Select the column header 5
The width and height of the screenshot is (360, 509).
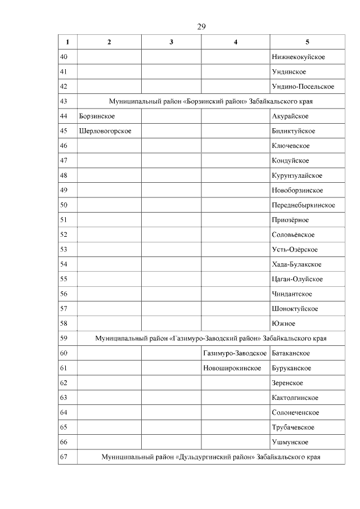tap(307, 42)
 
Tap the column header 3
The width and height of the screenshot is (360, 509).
tap(171, 42)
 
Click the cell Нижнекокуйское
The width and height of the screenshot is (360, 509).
tap(298, 57)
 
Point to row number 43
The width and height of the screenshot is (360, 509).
tap(64, 102)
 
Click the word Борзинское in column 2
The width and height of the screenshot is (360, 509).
tap(97, 116)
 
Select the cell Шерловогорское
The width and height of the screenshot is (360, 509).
tap(105, 131)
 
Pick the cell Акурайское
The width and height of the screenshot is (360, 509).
tap(290, 116)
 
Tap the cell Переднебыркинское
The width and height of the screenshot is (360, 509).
tap(303, 205)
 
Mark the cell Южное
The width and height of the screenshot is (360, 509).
tap(283, 323)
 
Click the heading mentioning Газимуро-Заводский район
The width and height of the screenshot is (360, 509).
tap(211, 339)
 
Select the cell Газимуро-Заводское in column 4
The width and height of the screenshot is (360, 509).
tap(235, 353)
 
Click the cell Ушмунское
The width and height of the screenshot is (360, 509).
tap(290, 442)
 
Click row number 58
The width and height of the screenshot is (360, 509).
tap(64, 323)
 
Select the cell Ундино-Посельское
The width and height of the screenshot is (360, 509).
tap(303, 87)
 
